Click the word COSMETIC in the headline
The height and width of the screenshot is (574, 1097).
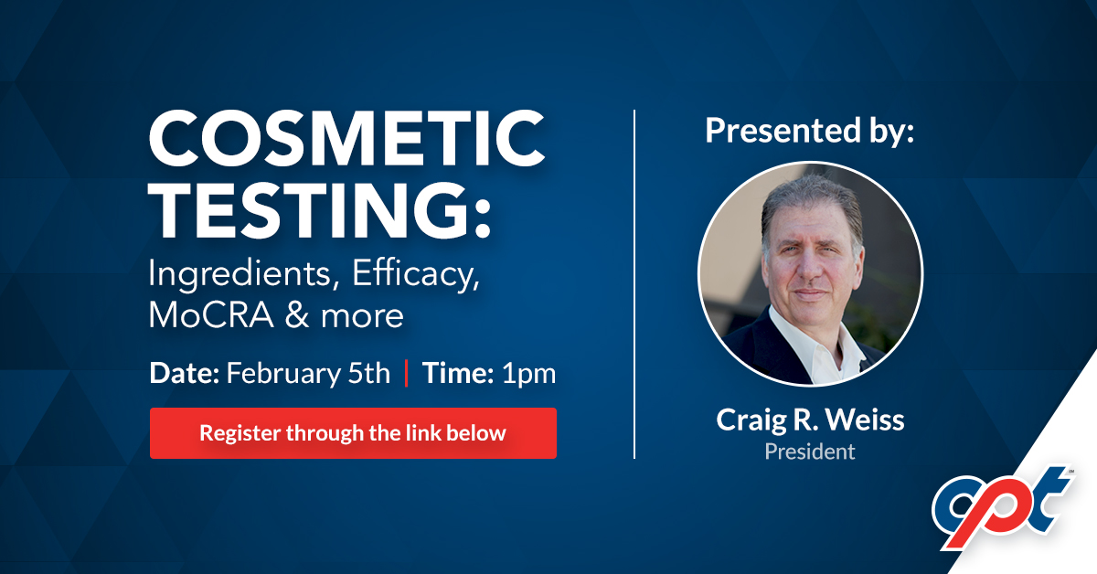346,138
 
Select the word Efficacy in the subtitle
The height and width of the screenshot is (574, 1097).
416,274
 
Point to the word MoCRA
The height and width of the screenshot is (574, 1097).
211,315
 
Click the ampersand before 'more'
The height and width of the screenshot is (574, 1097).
297,315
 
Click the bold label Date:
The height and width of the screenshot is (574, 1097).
184,373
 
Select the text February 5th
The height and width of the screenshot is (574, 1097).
308,374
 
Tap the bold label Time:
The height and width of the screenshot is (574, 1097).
457,373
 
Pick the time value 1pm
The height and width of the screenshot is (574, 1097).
529,375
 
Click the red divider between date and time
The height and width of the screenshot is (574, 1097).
407,373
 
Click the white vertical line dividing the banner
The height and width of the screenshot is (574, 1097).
634,284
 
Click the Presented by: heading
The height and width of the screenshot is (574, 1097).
810,131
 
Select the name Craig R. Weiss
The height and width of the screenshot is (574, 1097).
810,420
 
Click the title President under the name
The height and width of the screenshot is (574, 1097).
810,452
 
